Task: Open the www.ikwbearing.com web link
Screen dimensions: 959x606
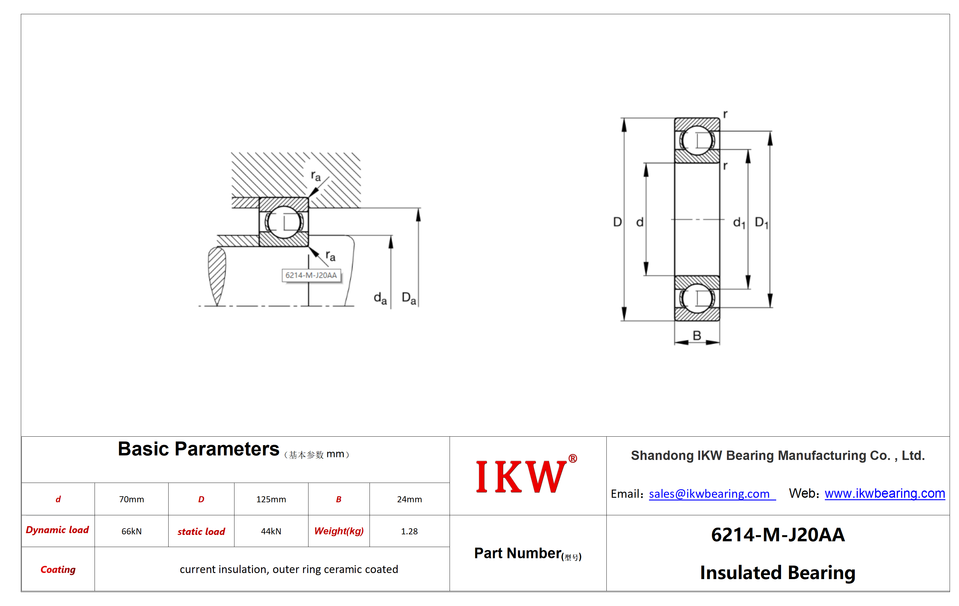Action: (x=885, y=494)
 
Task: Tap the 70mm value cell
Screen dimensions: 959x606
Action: (x=131, y=499)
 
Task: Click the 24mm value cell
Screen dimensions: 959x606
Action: (x=409, y=499)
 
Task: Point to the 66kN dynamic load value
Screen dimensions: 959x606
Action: (x=131, y=531)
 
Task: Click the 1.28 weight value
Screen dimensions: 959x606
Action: (x=409, y=531)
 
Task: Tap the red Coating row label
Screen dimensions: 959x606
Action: (x=58, y=569)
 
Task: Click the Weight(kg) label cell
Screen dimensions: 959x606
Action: (x=339, y=531)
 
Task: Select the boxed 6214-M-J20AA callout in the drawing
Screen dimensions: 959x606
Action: (x=312, y=275)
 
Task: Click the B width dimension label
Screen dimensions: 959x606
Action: (x=697, y=335)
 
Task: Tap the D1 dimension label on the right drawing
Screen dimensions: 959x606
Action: (x=761, y=223)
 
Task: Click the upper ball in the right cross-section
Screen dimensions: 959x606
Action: (x=697, y=140)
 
